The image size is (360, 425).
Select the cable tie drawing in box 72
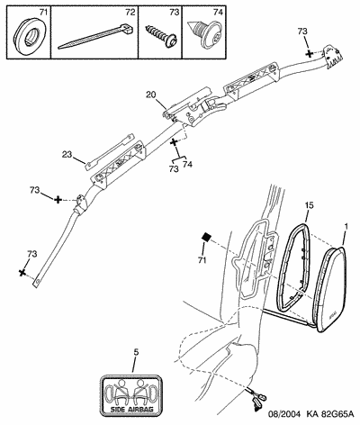click(94, 36)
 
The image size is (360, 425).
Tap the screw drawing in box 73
click(161, 35)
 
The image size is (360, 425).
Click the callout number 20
click(151, 95)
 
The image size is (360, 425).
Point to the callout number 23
click(67, 155)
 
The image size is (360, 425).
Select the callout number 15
click(310, 205)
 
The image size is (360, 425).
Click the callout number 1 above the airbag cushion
click(346, 228)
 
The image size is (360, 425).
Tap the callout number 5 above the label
click(136, 352)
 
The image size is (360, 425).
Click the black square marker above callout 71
click(206, 237)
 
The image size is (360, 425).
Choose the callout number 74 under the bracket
click(187, 164)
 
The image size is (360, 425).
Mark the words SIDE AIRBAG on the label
click(131, 409)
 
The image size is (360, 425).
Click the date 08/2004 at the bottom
click(283, 414)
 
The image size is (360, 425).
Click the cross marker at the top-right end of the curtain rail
click(309, 54)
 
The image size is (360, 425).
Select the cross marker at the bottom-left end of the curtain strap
click(22, 273)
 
